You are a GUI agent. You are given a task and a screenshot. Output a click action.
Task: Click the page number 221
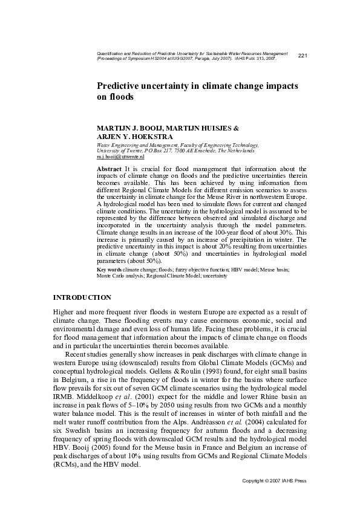point(303,56)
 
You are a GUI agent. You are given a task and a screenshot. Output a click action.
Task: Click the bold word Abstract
point(110,167)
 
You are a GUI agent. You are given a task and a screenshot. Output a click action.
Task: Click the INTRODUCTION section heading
point(82,297)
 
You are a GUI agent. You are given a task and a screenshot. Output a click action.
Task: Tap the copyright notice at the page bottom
point(275,481)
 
